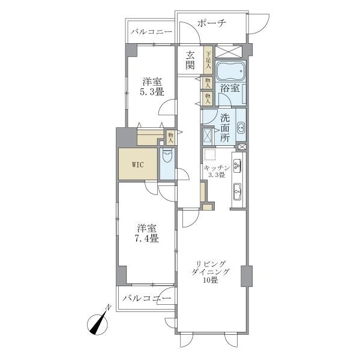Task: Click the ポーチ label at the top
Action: [212, 23]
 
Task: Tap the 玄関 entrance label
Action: [190, 60]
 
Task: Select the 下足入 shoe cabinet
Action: [208, 60]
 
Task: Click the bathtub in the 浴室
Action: [231, 71]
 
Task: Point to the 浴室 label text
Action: [230, 88]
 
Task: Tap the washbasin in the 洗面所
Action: [241, 128]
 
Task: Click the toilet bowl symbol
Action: [167, 155]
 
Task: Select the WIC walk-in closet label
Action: [138, 164]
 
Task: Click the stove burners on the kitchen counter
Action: [237, 166]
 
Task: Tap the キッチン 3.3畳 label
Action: [217, 171]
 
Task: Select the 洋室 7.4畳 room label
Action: [147, 233]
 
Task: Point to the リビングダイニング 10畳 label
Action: [211, 272]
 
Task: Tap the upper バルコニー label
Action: [151, 32]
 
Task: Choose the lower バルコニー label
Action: [147, 298]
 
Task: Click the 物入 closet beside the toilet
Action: [170, 137]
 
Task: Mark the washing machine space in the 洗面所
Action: [208, 136]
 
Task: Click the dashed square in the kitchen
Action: [210, 155]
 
